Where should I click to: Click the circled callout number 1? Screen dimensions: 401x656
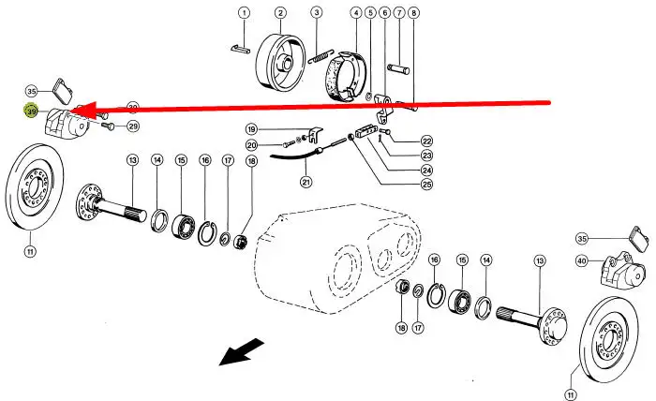[x=244, y=12]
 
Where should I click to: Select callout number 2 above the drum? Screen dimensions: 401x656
[x=280, y=12]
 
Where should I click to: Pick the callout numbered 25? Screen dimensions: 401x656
[x=426, y=185]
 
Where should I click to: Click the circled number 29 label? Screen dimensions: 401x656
[x=132, y=126]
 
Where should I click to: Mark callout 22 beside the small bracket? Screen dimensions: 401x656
[x=426, y=140]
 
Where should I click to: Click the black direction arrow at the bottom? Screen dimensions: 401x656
[x=239, y=352]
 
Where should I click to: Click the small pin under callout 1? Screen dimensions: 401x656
[x=242, y=44]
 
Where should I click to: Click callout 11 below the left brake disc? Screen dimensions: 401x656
[x=30, y=251]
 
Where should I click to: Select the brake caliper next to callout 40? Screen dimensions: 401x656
[x=620, y=276]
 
